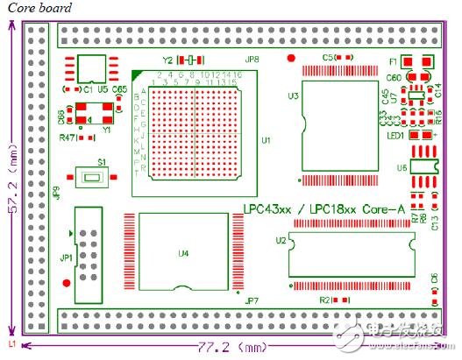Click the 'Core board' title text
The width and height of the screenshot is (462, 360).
click(38, 8)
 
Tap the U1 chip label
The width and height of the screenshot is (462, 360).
click(266, 140)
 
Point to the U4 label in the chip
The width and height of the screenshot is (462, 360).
click(183, 255)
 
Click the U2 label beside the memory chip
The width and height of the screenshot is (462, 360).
click(281, 238)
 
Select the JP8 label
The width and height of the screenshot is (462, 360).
click(252, 60)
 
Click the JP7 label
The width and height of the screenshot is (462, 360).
click(252, 300)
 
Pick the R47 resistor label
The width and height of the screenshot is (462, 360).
click(67, 138)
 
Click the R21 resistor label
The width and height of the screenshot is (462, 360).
click(325, 300)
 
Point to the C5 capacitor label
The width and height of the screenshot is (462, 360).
click(328, 57)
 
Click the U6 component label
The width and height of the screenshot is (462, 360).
click(402, 167)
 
